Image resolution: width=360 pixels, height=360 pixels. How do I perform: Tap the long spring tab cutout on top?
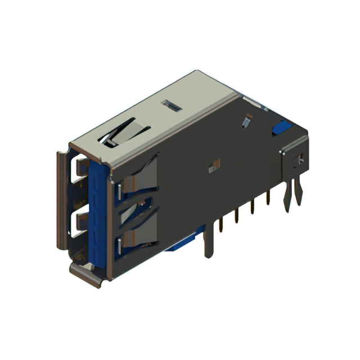[125, 132]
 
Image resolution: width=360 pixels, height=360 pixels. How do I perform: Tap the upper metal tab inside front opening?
[80, 167]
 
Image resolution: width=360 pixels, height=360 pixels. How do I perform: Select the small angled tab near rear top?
[246, 120]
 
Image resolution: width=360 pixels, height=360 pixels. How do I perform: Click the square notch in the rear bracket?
[300, 160]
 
